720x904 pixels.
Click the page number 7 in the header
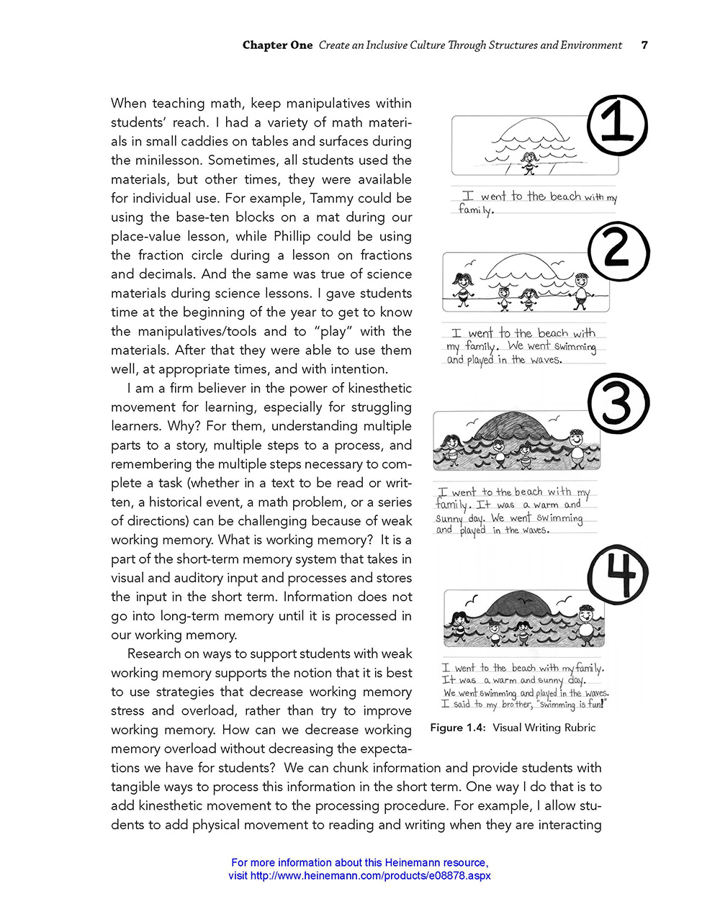click(644, 45)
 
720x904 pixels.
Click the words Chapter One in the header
click(277, 45)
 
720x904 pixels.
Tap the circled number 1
click(618, 127)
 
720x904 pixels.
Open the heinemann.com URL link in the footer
click(359, 876)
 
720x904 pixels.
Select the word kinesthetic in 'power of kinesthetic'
click(374, 388)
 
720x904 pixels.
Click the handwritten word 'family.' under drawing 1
click(476, 211)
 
